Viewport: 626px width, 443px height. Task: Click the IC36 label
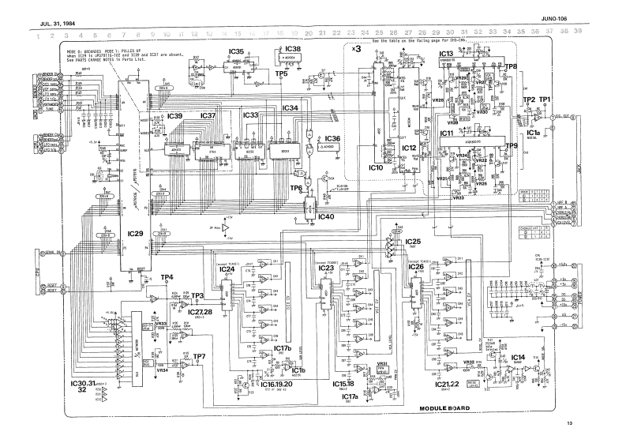[x=332, y=139]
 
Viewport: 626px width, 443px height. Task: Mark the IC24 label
[x=227, y=268]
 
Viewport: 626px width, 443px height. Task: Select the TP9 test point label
[x=509, y=146]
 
